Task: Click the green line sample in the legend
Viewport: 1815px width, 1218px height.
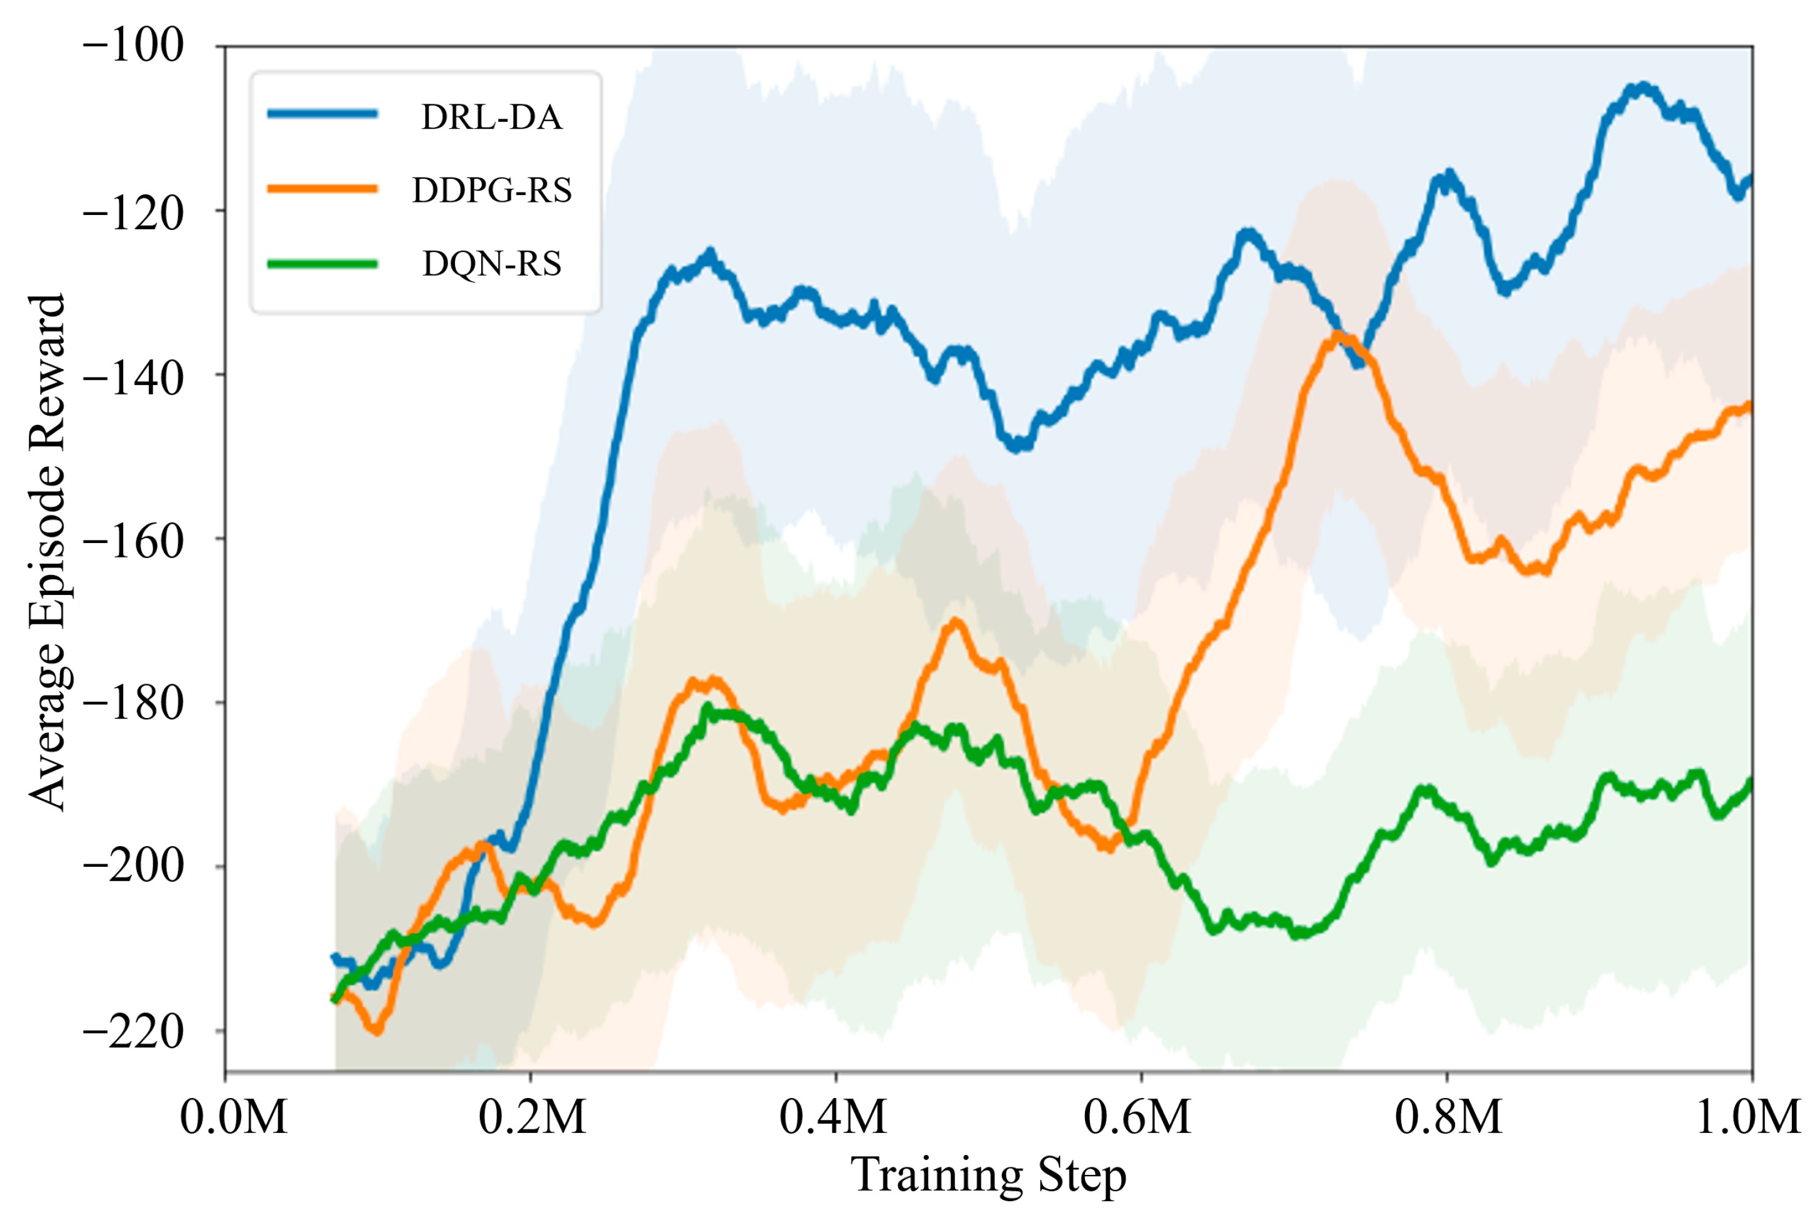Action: pos(322,264)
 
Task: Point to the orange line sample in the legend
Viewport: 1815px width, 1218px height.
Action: pos(322,189)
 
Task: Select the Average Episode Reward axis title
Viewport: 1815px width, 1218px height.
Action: pos(47,552)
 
